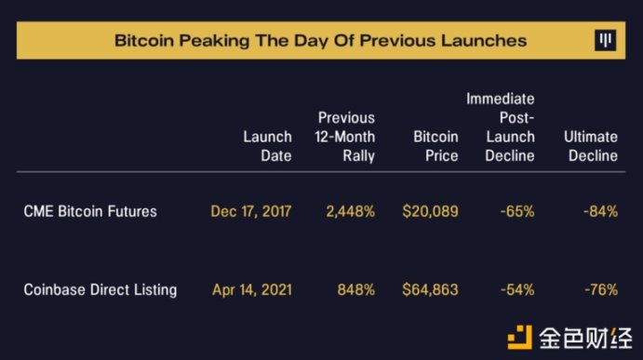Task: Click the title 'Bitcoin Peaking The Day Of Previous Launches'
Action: click(x=320, y=41)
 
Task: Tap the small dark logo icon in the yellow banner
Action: click(x=605, y=40)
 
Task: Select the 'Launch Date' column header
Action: click(x=267, y=146)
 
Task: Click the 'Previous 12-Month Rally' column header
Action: click(x=345, y=137)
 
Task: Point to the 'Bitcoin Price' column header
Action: click(x=435, y=146)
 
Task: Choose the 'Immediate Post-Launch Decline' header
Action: click(x=501, y=127)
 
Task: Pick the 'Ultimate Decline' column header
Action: click(x=591, y=146)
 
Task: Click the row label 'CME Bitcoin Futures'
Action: click(x=90, y=211)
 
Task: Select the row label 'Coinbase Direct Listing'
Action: click(x=100, y=289)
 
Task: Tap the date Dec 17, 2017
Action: click(x=251, y=211)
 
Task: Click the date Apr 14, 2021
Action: click(x=252, y=290)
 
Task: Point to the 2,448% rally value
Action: click(x=351, y=211)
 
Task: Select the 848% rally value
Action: click(x=356, y=290)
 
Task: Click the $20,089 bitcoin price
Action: click(x=430, y=211)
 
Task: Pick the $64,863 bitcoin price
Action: click(x=430, y=290)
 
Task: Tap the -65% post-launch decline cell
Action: click(x=517, y=211)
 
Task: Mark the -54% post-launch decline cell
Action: click(x=517, y=290)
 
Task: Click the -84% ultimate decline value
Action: click(x=601, y=211)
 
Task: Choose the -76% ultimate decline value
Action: click(x=601, y=290)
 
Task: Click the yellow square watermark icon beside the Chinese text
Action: click(x=520, y=337)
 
